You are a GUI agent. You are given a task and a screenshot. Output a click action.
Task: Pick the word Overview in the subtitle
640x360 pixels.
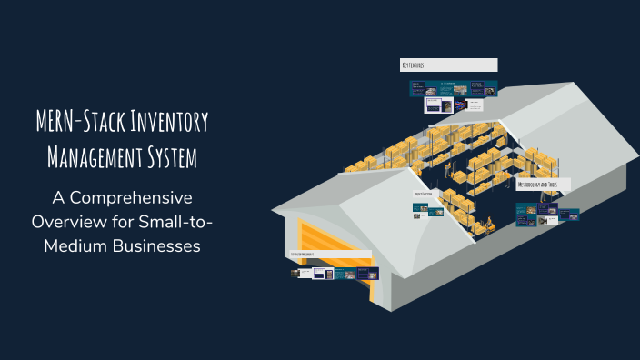(x=66, y=222)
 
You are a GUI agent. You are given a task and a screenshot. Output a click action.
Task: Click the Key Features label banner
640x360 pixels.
(x=448, y=65)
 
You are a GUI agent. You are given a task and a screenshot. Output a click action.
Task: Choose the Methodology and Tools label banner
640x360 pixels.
(x=543, y=185)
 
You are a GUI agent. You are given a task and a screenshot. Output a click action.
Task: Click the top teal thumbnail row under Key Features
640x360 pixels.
(x=453, y=88)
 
